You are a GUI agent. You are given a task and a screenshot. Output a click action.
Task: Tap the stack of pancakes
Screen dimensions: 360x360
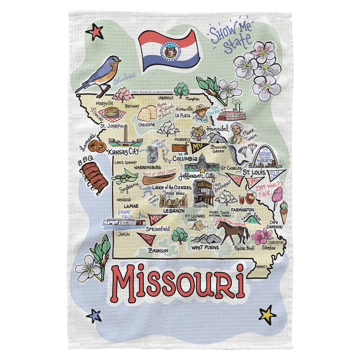(111, 112)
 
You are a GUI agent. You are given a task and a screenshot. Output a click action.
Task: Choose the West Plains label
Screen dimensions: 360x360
(205, 247)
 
